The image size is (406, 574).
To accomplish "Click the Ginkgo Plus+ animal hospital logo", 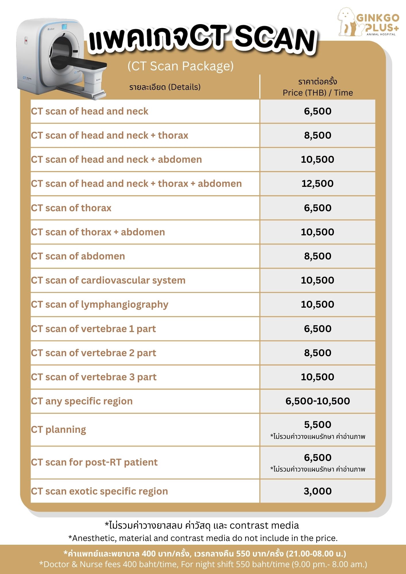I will tap(368, 22).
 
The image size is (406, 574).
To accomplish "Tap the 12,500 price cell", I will tap(317, 184).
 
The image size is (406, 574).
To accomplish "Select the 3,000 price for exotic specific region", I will tap(318, 491).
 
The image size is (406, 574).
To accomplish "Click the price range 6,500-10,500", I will tap(318, 401).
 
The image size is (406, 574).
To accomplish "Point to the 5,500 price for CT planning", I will tap(318, 424).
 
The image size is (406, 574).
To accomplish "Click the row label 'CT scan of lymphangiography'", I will tap(100, 305).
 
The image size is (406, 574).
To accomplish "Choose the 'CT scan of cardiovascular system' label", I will tap(108, 280).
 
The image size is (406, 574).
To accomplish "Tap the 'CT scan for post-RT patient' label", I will tap(94, 462).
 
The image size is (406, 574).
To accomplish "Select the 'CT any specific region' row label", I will tap(82, 401).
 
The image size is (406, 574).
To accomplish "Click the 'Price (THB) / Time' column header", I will tap(318, 93).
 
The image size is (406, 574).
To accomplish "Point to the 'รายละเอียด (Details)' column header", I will tap(165, 87).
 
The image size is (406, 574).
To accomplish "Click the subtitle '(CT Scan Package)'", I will tap(181, 66).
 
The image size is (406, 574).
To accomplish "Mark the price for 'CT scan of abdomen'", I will tap(318, 256).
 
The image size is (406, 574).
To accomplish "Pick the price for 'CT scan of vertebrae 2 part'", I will tap(318, 353).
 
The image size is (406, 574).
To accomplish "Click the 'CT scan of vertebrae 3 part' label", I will tap(94, 377).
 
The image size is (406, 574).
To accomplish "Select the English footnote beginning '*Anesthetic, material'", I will tap(203, 538).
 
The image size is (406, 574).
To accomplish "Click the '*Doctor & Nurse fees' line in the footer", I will tap(203, 564).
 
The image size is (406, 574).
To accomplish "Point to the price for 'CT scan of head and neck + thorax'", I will tap(318, 135).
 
